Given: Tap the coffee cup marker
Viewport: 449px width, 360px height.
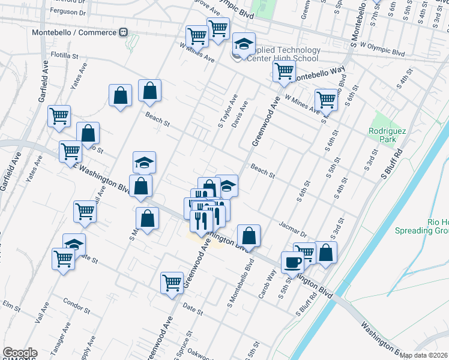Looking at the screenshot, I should coord(292,262).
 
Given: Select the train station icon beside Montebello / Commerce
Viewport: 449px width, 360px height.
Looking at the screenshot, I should coord(123,32).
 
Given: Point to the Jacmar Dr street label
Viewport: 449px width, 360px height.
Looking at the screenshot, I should coord(293,229).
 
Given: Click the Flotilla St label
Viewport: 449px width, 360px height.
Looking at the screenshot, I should coord(65,55).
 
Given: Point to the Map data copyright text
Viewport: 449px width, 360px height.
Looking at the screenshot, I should coord(424,355).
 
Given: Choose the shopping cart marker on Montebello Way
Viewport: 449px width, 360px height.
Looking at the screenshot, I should coord(284,71).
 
